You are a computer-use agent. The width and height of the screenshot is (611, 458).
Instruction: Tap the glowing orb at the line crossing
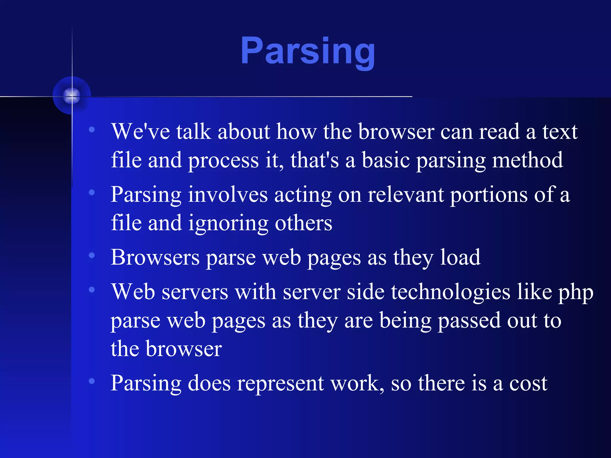click(72, 96)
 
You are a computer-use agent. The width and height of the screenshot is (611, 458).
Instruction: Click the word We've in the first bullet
click(141, 131)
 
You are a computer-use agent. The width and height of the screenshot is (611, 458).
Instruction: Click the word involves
click(228, 195)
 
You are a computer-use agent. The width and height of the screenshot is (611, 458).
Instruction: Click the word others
click(303, 223)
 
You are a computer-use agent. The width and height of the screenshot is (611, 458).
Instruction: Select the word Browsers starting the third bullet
click(155, 257)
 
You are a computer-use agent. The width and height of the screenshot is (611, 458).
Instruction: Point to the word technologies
click(450, 292)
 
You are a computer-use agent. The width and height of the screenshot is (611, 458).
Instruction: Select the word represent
click(280, 383)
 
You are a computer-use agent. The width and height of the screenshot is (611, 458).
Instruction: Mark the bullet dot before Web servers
click(92, 289)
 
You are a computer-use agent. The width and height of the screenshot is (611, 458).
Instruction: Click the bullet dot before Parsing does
click(92, 381)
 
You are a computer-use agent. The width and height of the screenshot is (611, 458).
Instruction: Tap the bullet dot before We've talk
click(92, 129)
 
